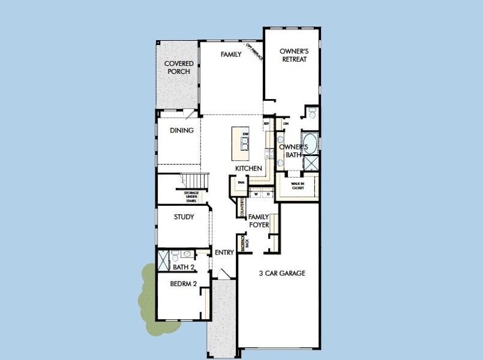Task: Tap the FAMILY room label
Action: pyautogui.click(x=231, y=55)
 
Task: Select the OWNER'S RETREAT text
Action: pyautogui.click(x=293, y=55)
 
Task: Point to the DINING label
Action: pyautogui.click(x=181, y=130)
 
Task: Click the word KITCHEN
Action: pyautogui.click(x=248, y=169)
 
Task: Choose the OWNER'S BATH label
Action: pyautogui.click(x=293, y=151)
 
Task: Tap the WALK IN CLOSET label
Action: pyautogui.click(x=298, y=185)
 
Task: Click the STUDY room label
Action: pyautogui.click(x=184, y=217)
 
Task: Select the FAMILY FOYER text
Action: pyautogui.click(x=259, y=220)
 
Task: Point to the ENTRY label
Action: pyautogui.click(x=224, y=253)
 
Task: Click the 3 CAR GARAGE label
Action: pyautogui.click(x=282, y=274)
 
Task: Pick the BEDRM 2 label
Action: pyautogui.click(x=184, y=284)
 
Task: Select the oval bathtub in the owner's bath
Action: pyautogui.click(x=311, y=142)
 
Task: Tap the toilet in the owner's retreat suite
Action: pyautogui.click(x=311, y=113)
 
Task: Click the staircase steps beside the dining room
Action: pyautogui.click(x=195, y=180)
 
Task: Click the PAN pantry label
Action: pyautogui.click(x=241, y=182)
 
